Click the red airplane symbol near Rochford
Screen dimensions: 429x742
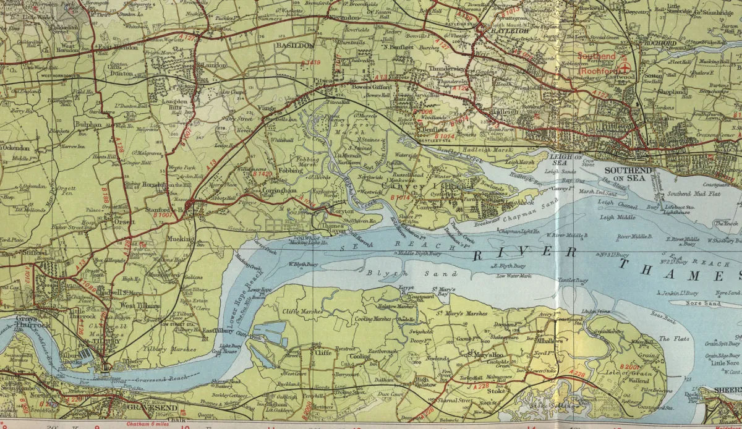625,66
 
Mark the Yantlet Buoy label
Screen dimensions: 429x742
573,281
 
